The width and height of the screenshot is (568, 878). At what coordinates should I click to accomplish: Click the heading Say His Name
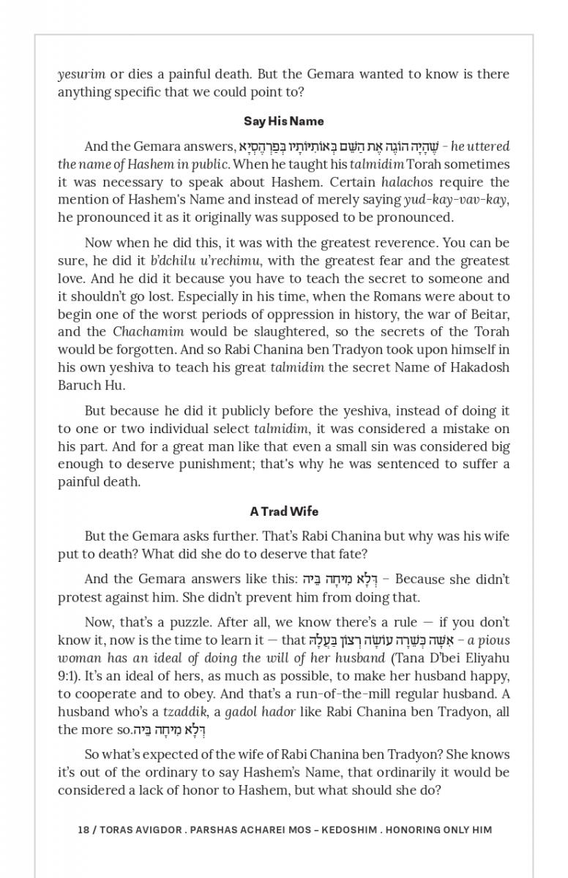coord(283,121)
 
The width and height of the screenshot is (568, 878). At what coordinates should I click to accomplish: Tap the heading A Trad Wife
coord(283,511)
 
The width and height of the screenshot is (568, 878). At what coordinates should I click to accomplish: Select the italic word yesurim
coord(81,74)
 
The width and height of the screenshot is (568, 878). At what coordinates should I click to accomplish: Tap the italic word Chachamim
coord(149,331)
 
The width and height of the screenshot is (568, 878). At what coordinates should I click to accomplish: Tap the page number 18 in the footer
coord(83,830)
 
